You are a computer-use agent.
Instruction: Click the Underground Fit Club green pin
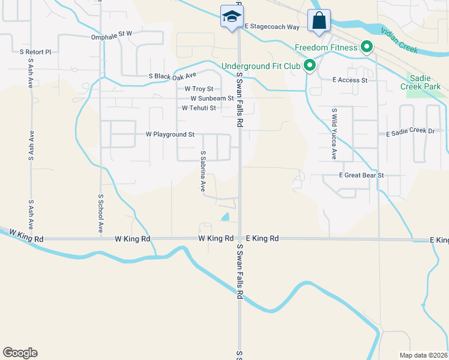(310, 65)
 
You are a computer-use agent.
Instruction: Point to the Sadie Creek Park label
(425, 82)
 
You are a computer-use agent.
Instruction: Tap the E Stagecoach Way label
(271, 27)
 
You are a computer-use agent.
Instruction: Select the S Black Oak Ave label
(173, 76)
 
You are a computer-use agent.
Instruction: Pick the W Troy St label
(199, 89)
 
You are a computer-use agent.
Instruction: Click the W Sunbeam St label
(212, 98)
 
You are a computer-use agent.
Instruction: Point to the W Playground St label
(170, 134)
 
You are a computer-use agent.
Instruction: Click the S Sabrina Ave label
(203, 171)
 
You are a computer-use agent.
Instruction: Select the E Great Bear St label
(361, 176)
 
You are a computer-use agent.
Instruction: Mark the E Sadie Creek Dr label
(410, 131)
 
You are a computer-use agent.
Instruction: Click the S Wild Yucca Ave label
(334, 134)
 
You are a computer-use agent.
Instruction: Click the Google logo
(20, 353)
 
